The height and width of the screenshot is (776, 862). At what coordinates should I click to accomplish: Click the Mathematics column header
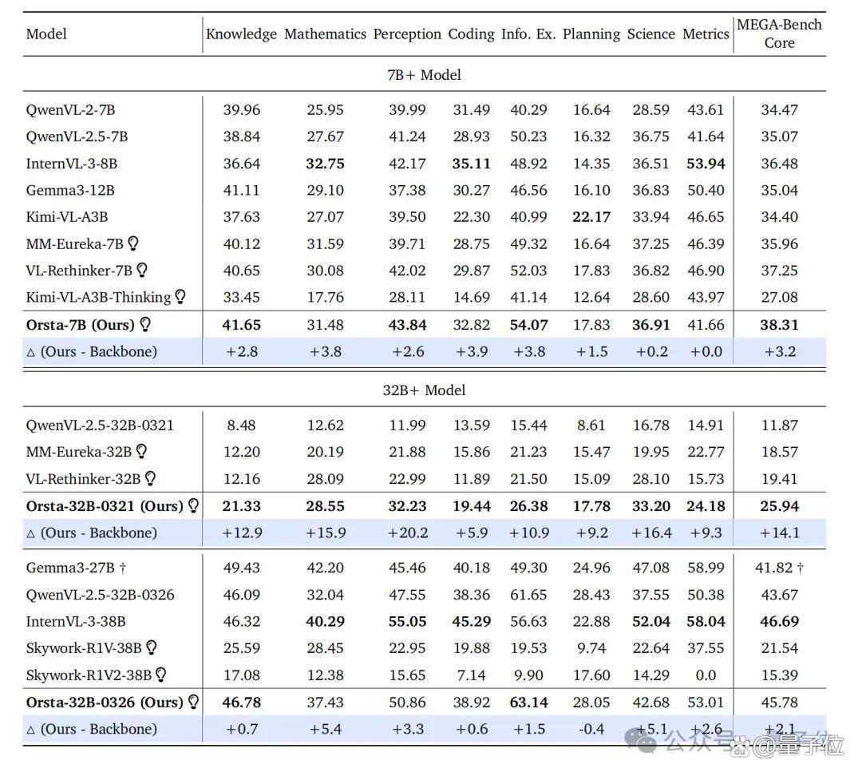tap(325, 34)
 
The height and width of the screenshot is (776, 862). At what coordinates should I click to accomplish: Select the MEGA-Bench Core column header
tap(779, 34)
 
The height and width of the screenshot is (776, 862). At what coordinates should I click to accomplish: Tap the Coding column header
tap(471, 34)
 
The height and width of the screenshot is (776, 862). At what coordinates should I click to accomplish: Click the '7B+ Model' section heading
tap(424, 75)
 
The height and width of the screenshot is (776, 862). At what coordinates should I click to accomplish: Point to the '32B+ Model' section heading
tap(424, 390)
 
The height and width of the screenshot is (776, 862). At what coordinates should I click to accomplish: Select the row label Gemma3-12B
tap(70, 190)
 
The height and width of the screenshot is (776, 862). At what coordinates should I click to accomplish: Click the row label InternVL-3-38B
tap(76, 621)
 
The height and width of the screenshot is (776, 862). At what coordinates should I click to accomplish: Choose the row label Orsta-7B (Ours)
tap(81, 325)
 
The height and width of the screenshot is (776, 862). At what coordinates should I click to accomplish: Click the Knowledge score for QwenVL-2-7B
tap(241, 110)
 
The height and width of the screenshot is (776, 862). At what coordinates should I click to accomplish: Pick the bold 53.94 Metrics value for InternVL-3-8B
tap(706, 164)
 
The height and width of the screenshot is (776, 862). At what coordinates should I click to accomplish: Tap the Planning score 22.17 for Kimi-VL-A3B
tap(591, 217)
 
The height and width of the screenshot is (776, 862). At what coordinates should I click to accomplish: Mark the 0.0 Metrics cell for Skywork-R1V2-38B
tap(706, 675)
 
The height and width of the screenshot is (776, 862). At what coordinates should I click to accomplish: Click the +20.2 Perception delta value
tap(407, 533)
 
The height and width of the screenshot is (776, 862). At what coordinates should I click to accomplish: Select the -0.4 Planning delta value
tap(591, 729)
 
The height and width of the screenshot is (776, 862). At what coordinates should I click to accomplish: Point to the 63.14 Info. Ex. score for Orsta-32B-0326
tap(529, 703)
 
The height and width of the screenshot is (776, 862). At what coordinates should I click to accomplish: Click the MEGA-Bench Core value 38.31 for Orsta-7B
tap(779, 325)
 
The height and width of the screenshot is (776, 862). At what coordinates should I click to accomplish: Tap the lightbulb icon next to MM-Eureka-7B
tap(133, 243)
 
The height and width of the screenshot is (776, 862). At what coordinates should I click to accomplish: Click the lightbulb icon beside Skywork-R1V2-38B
tap(161, 675)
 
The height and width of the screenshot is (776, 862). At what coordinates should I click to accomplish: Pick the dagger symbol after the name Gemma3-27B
tap(123, 568)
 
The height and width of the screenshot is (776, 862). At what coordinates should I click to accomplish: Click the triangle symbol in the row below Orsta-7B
tap(31, 353)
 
